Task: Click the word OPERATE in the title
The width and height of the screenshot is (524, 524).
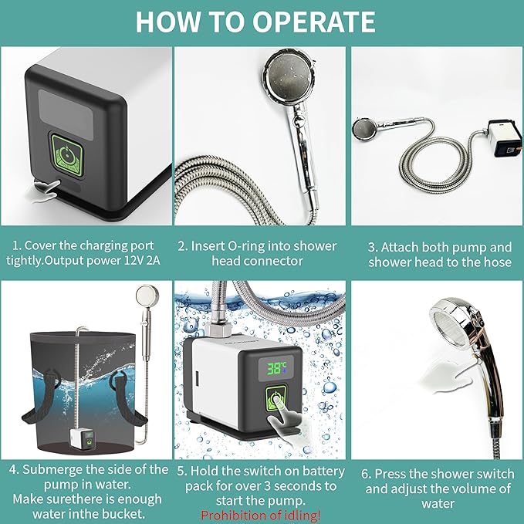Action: pos(314,22)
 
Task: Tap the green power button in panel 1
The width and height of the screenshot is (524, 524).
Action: pos(66,154)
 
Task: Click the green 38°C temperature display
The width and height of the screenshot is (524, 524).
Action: pos(276,368)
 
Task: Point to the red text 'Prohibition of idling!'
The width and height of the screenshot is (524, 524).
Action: pos(261,515)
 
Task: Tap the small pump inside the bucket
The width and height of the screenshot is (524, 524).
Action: pos(82,439)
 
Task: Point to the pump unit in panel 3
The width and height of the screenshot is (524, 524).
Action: pos(504,139)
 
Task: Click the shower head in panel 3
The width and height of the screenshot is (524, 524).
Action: pos(364,130)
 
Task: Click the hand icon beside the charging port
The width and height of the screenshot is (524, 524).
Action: pos(46,191)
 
